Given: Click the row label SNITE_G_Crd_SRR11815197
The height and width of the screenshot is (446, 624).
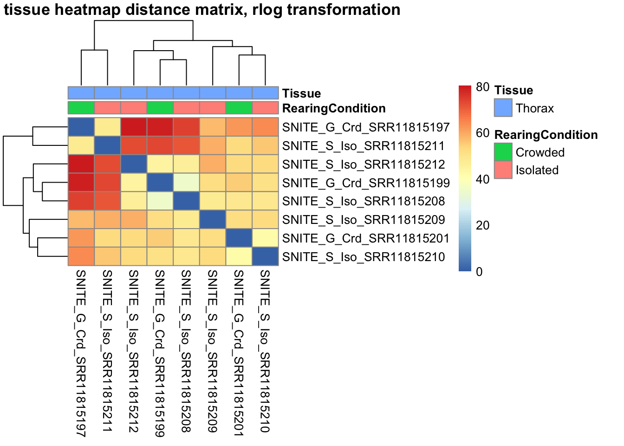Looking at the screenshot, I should point(366,127).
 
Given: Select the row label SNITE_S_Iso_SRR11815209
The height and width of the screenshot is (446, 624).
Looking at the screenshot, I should point(364,220).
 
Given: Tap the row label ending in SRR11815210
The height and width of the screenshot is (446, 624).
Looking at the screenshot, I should point(364,257).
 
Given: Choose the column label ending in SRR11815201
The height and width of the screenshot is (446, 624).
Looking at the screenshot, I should point(239,353).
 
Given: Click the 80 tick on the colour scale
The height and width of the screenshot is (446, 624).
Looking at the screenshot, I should point(482,87).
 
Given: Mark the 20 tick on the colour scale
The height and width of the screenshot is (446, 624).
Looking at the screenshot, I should point(482,225).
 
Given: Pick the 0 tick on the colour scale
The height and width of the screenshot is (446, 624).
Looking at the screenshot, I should point(479,272).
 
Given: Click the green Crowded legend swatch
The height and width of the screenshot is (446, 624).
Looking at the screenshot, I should point(503,152).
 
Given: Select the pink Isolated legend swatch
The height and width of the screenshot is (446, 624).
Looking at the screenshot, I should point(503,170).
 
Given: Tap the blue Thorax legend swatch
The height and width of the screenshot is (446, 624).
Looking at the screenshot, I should point(503,108).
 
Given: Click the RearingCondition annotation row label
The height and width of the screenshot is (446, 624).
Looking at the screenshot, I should point(334,108).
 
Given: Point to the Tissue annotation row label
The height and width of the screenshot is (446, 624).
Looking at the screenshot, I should point(301,93).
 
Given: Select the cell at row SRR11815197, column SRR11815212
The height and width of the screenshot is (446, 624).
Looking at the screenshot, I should point(134,127).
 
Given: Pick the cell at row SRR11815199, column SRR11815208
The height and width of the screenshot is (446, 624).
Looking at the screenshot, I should point(186,183).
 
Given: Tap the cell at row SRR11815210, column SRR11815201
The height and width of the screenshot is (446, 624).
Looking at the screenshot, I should point(239,257).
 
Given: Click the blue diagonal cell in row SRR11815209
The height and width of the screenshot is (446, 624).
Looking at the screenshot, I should point(213,220).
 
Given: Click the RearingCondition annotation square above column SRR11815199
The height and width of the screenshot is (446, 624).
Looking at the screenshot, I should point(160,108).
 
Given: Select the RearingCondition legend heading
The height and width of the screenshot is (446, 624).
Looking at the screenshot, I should point(546,135).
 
